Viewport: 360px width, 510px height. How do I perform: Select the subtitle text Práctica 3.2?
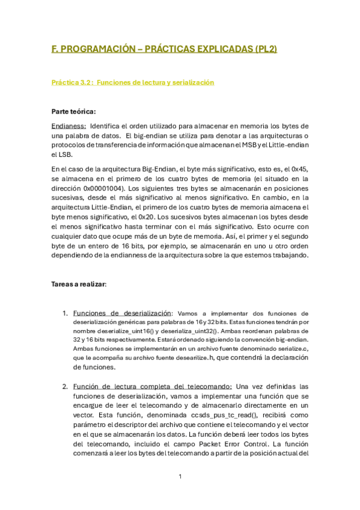click(72, 82)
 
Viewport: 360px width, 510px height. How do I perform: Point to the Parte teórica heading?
click(74, 111)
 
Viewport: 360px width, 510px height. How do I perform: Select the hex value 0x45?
click(297, 169)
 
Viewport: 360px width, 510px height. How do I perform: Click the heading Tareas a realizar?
click(79, 284)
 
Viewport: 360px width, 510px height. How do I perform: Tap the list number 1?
click(65, 313)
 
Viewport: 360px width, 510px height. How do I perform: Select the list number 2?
click(65, 386)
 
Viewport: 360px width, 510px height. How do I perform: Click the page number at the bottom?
click(180, 476)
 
